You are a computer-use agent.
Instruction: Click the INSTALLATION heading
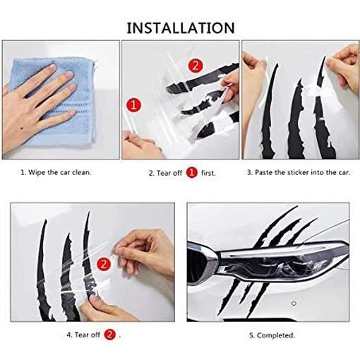(x=180, y=28)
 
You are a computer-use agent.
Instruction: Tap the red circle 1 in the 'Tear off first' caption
(x=191, y=172)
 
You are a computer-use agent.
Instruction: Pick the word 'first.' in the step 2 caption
(x=208, y=172)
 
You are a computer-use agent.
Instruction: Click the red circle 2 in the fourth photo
(x=103, y=265)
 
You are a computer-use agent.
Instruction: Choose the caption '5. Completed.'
(x=272, y=335)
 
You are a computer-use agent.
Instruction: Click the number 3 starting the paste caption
(x=248, y=172)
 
